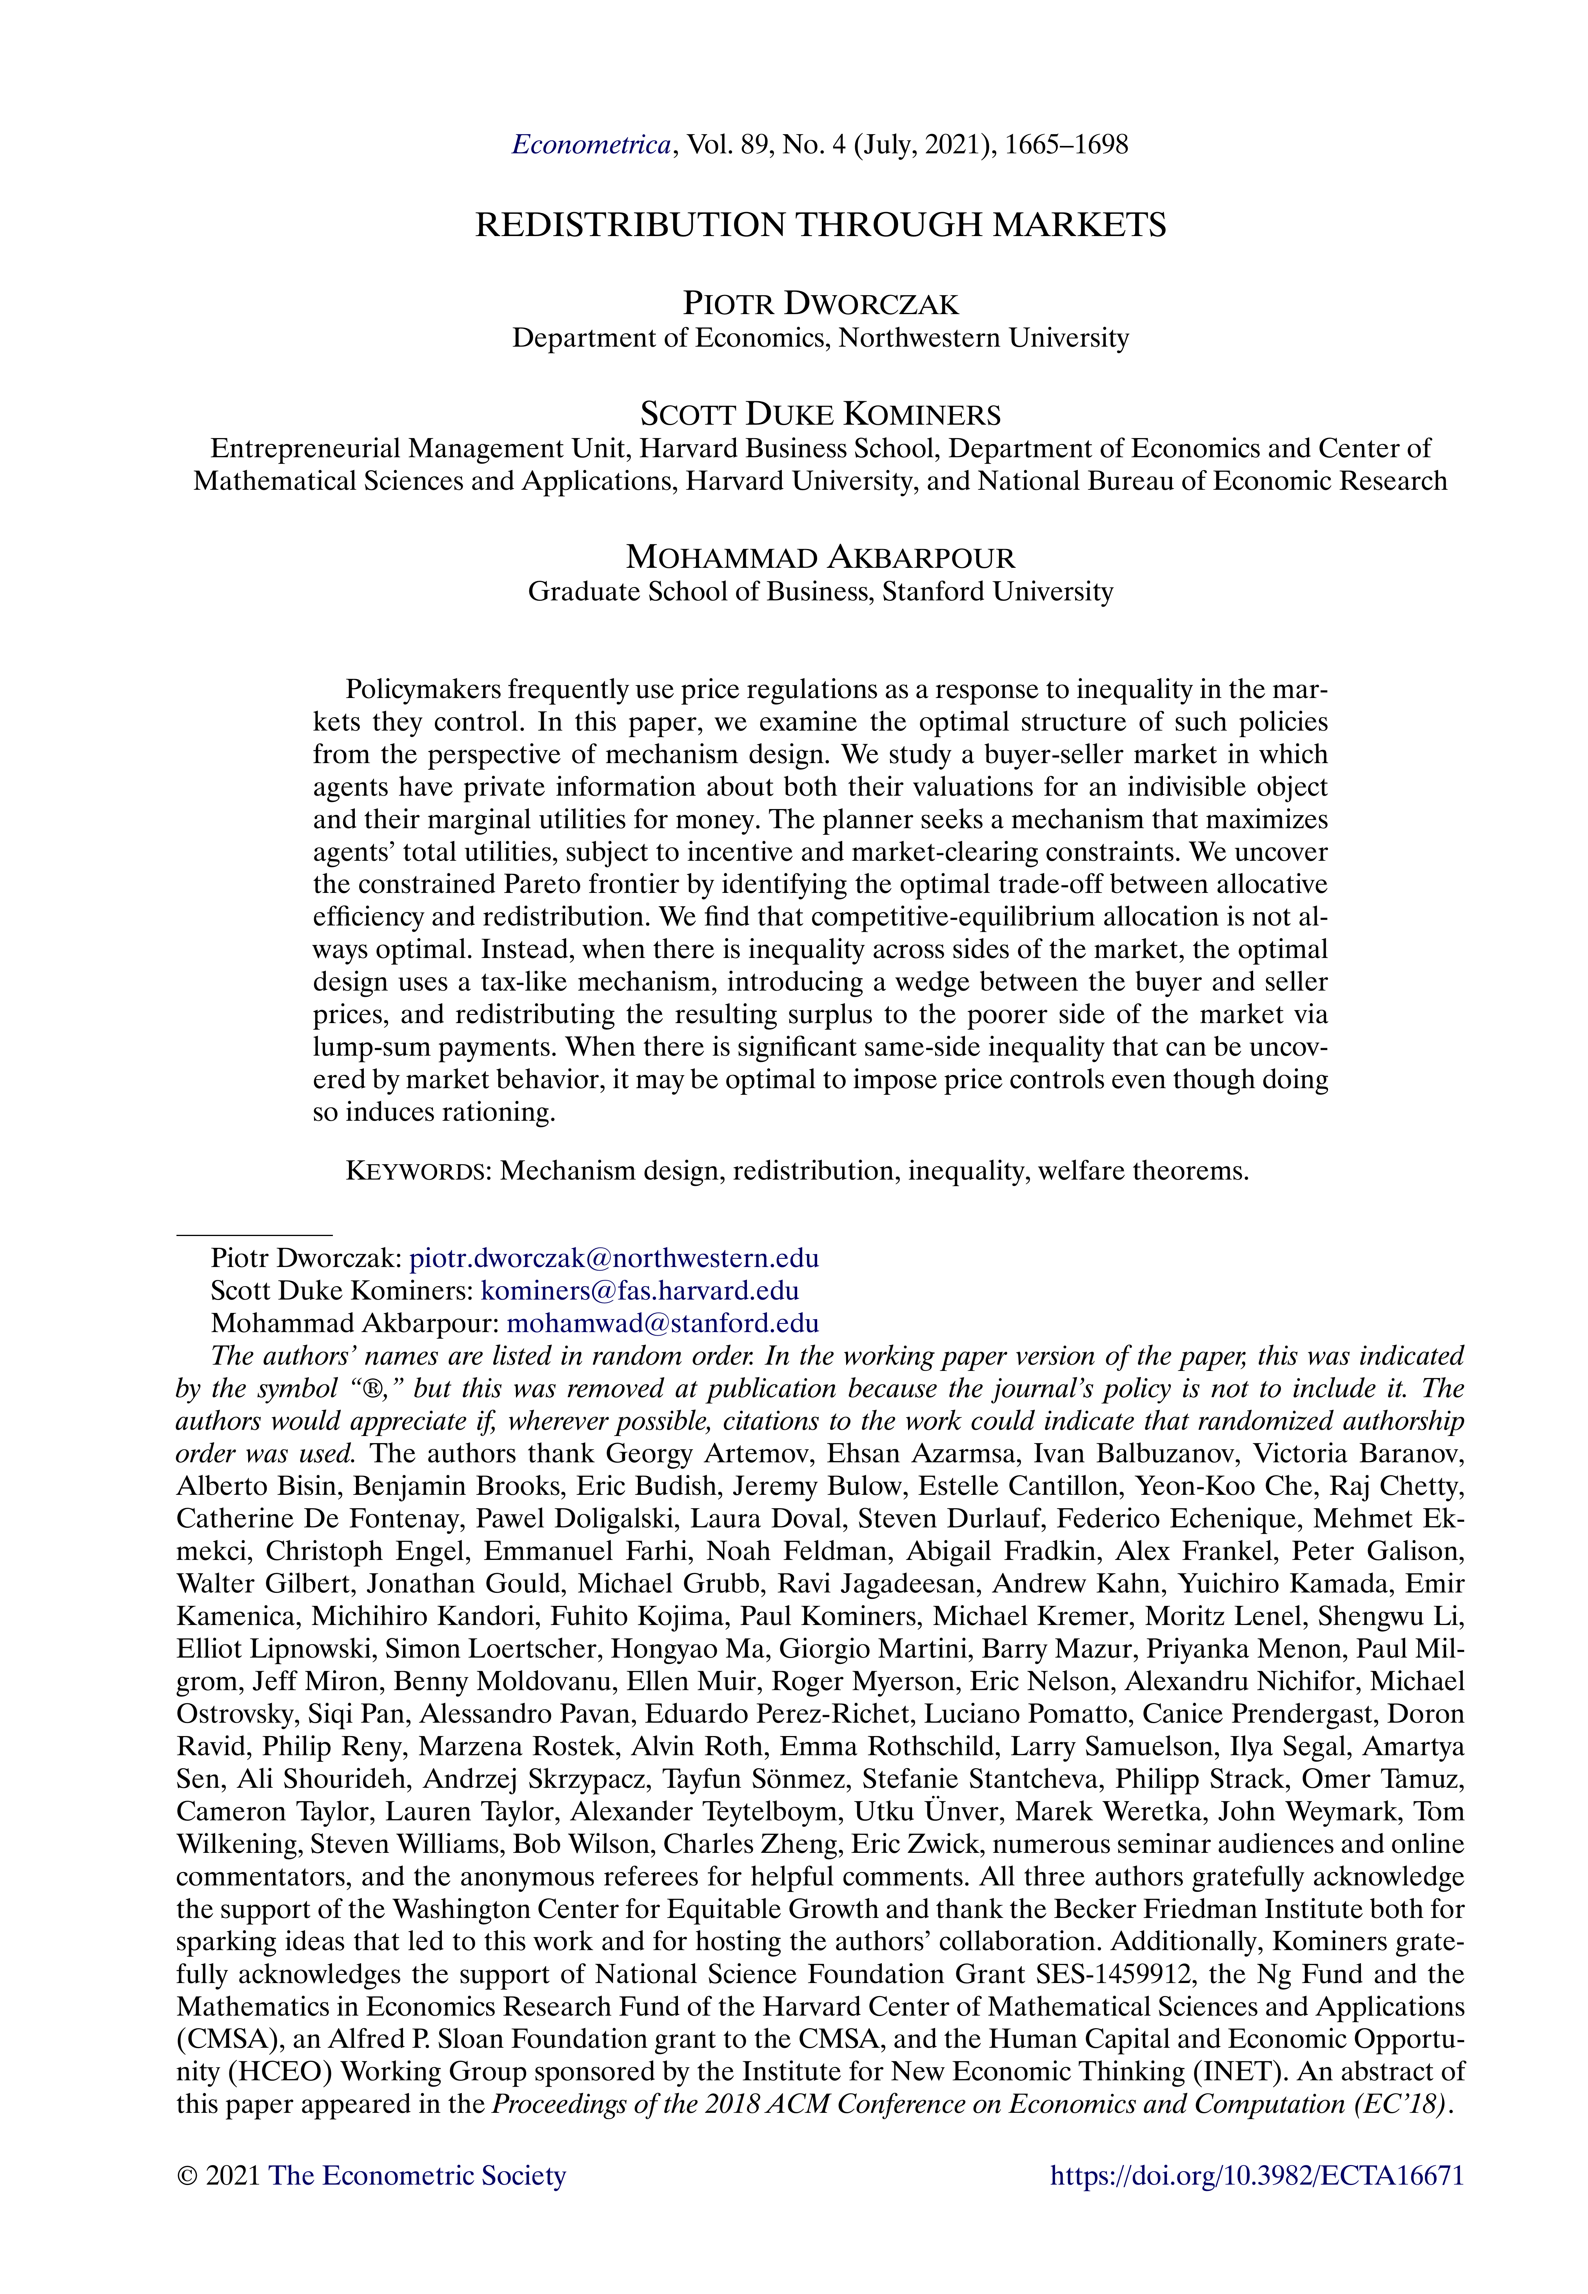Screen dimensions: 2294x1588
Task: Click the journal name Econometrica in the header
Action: [591, 145]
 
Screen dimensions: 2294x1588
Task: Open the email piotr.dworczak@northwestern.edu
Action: [614, 1258]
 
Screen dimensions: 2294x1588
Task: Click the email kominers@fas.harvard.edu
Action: [640, 1291]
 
